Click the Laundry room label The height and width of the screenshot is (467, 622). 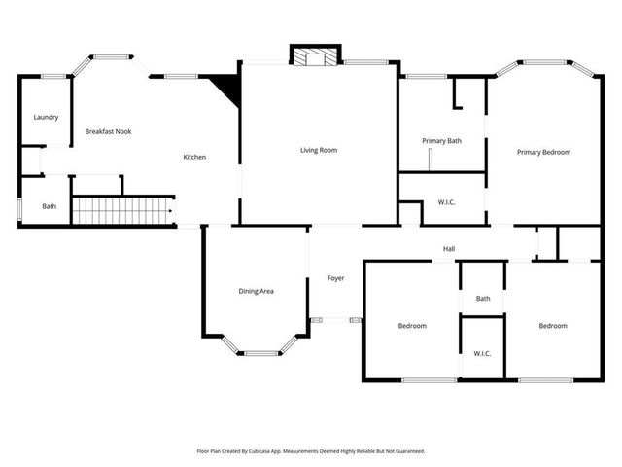46,117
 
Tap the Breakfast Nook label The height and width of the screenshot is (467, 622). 108,131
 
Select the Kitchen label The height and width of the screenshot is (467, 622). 195,158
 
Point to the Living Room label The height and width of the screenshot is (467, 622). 318,150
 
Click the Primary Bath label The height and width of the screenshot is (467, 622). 441,141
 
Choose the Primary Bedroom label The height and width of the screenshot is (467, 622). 543,152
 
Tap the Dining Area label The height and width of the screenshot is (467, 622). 256,291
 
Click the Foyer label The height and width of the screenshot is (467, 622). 335,278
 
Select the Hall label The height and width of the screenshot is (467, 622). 449,249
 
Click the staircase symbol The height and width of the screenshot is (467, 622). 123,210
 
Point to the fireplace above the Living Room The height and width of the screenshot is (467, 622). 315,57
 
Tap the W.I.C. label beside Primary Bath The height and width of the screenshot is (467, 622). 447,202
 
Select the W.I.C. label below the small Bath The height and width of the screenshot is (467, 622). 482,353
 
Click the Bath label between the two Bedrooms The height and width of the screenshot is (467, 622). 483,299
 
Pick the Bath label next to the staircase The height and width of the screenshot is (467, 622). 49,206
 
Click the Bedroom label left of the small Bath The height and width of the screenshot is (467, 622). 412,326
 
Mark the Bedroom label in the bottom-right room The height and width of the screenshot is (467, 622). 553,326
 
